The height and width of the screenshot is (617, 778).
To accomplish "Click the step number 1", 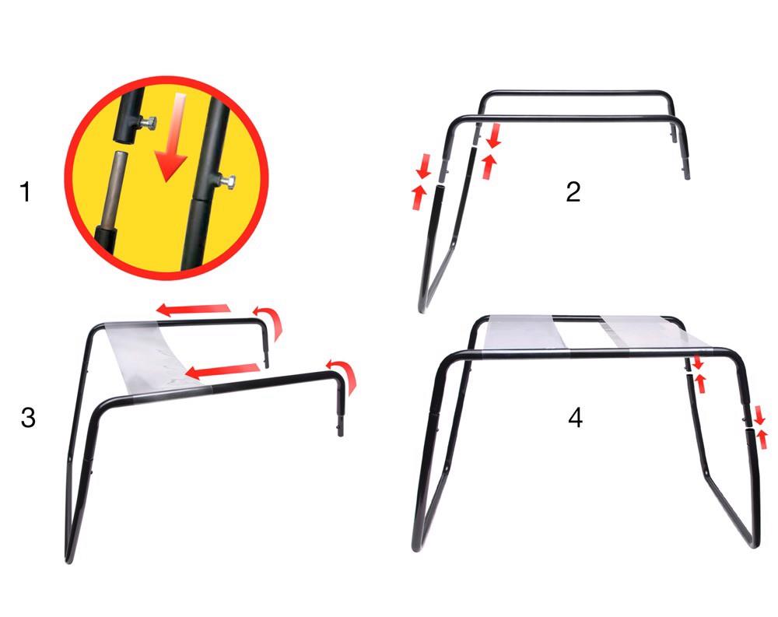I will [x=26, y=191].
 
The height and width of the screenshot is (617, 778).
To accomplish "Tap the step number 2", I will [x=573, y=191].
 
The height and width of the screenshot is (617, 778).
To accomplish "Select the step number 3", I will [x=28, y=418].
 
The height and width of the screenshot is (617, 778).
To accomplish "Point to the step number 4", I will [x=575, y=418].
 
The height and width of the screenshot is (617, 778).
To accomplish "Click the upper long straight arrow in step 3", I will [x=194, y=310].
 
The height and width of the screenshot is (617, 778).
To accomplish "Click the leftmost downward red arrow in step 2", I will [x=423, y=165].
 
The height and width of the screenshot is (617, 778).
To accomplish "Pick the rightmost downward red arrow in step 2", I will [x=493, y=137].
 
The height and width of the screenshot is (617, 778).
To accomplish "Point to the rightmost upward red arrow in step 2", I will [x=489, y=166].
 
